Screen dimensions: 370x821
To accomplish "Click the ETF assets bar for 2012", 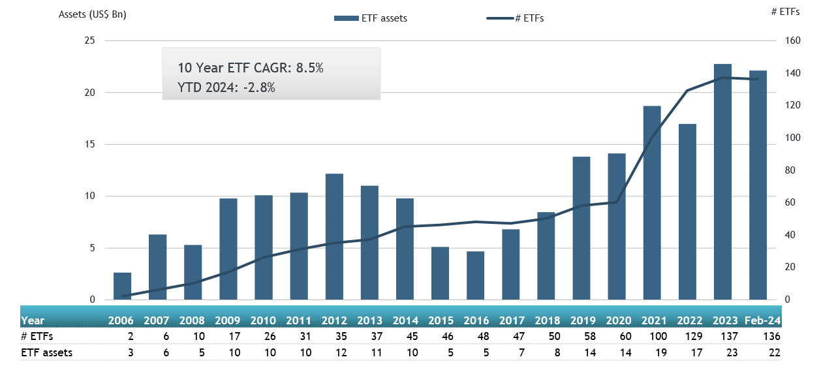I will click(x=334, y=237).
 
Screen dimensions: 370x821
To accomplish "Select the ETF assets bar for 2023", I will click(x=722, y=182).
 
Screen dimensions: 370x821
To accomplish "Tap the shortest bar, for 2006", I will click(x=122, y=286).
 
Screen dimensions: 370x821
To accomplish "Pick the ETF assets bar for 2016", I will click(x=475, y=275).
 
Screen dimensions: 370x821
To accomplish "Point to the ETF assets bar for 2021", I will click(x=652, y=203).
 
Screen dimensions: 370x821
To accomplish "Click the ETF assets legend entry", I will click(x=370, y=18).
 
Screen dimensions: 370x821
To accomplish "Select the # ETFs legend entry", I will click(x=516, y=18).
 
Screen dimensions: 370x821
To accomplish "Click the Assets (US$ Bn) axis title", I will click(x=92, y=14).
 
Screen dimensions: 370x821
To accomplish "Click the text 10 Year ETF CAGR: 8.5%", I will click(x=251, y=68).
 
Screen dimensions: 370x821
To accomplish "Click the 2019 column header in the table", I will click(x=582, y=320).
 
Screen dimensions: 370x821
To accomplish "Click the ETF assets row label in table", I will click(x=46, y=353).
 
